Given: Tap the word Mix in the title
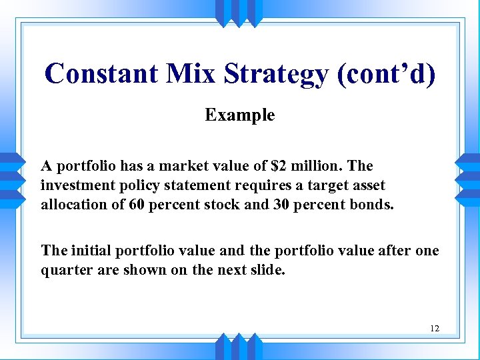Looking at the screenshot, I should [197, 73].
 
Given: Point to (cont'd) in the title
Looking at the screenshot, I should [387, 73].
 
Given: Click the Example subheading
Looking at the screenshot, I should [239, 115].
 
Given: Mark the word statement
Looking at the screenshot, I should [193, 185].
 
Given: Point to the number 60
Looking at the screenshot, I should [136, 204].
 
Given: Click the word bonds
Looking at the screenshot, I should [371, 204].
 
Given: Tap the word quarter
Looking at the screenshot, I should [65, 270].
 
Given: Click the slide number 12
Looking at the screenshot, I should [435, 328].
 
